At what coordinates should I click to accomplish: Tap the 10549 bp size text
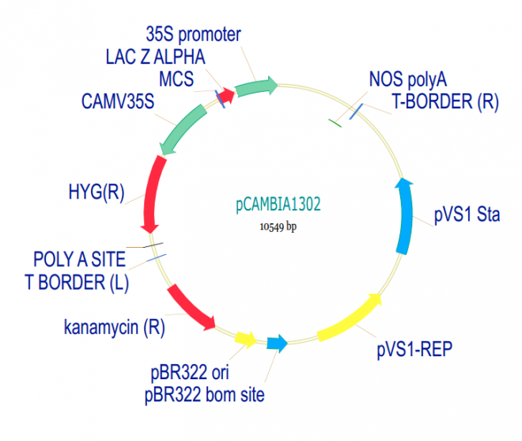[278, 226]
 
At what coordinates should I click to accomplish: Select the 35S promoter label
[193, 35]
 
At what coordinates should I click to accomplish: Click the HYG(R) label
[96, 193]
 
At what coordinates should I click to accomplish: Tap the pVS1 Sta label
[467, 215]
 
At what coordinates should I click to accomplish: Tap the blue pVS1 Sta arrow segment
[405, 215]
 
